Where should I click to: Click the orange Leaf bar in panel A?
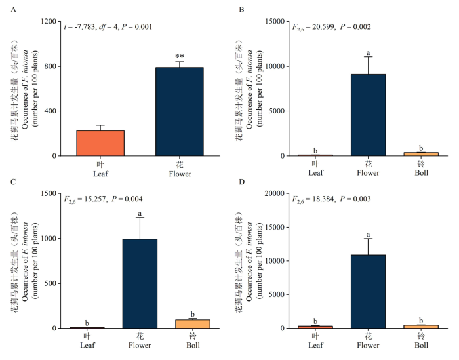(x=100, y=143)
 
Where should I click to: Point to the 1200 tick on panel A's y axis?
(x=49, y=22)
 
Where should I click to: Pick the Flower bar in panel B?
(x=369, y=115)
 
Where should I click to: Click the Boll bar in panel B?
(x=421, y=154)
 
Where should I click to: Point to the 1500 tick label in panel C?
(x=49, y=193)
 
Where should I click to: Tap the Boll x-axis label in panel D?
(x=421, y=345)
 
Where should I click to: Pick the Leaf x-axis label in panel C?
(x=87, y=345)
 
